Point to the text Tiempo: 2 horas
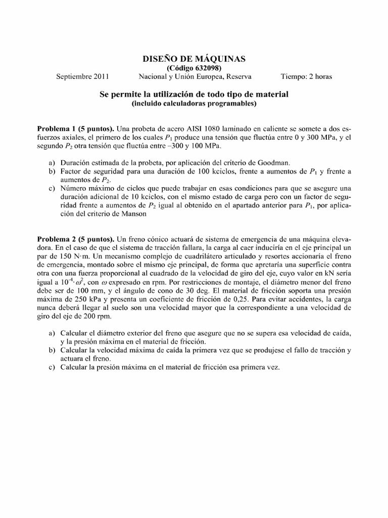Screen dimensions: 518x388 click(307, 77)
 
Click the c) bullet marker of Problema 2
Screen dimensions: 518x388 click(52, 368)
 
